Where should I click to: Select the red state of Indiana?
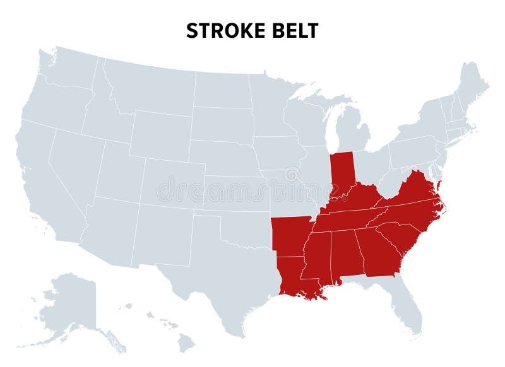click(342, 170)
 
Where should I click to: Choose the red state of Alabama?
click(346, 252)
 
